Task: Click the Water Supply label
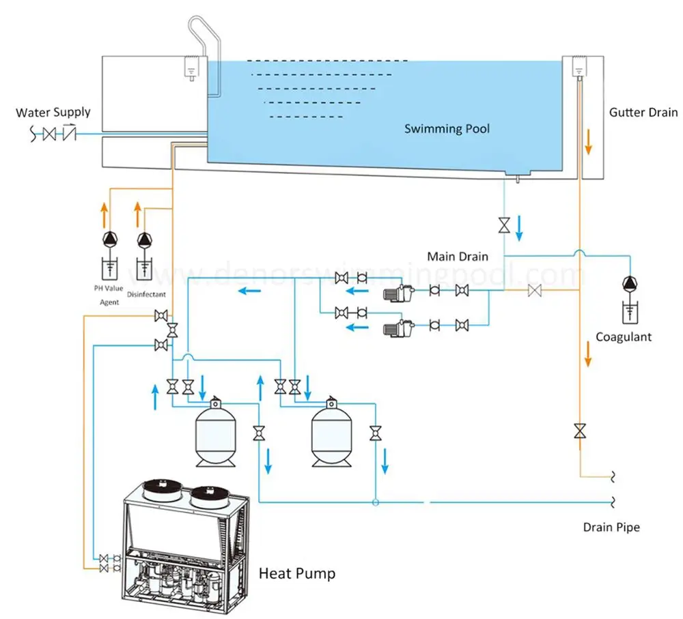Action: [53, 112]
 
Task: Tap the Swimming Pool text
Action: [447, 128]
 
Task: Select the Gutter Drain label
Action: [643, 112]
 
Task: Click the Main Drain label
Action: [458, 257]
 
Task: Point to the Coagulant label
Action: [624, 336]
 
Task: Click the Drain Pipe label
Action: [611, 527]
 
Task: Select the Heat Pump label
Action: [297, 573]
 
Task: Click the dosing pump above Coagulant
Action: [629, 283]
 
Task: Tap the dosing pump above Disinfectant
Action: [144, 240]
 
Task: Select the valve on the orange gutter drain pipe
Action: [579, 431]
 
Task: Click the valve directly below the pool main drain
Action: [504, 225]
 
